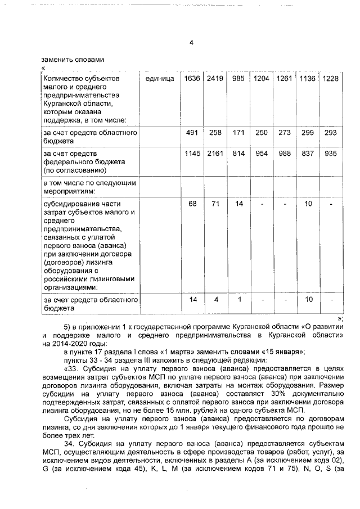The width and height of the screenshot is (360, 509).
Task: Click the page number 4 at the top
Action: point(191,43)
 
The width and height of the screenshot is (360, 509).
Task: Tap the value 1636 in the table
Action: point(192,79)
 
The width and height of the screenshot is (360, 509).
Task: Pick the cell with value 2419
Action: point(215,79)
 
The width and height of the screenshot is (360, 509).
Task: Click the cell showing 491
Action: point(192,133)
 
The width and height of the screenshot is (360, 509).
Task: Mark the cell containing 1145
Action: point(192,154)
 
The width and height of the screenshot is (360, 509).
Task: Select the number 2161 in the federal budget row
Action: point(215,154)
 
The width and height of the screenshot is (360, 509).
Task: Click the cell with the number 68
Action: point(192,204)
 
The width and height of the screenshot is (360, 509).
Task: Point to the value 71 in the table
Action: point(215,204)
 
